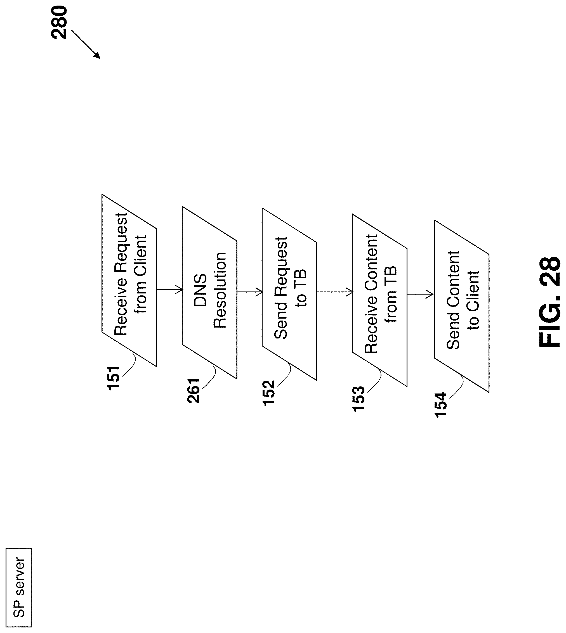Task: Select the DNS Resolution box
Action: pos(209,292)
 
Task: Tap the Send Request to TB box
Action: pos(289,294)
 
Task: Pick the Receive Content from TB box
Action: pos(379,300)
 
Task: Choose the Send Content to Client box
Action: pos(461,306)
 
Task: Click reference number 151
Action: pos(114,378)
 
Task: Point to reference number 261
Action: pos(194,391)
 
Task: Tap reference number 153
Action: pos(359,399)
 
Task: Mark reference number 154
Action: pos(441,405)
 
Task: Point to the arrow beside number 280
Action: pos(86,44)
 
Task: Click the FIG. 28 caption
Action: pos(550,302)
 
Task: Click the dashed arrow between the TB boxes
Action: pos(335,292)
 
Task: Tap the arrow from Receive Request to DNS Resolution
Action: pos(169,290)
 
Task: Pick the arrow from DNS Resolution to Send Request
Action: pos(250,292)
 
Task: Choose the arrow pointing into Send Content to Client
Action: pos(420,294)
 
